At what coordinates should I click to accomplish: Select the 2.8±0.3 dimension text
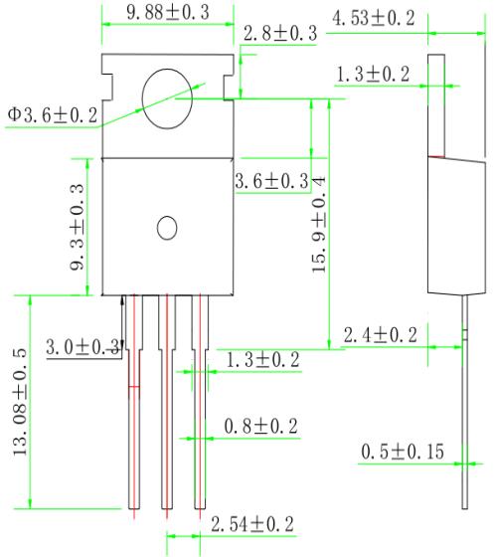[x=280, y=33]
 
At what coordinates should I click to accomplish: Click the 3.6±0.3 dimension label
[x=270, y=181]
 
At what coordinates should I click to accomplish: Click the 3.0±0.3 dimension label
[x=83, y=347]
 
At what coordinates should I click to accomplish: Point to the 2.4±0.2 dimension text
[x=381, y=335]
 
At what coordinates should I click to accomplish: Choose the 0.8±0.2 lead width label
[x=260, y=426]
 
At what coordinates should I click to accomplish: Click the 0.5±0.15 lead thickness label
[x=403, y=454]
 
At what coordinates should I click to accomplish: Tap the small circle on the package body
[x=167, y=228]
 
